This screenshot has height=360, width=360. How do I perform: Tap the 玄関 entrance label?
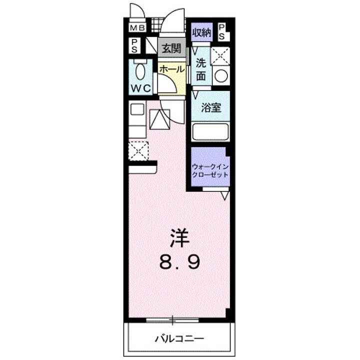point(170,48)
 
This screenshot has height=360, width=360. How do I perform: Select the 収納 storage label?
point(202,33)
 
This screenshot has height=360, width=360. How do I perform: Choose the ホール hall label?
point(171,69)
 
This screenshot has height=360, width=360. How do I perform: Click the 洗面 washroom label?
point(201,69)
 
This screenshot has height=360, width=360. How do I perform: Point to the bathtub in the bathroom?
point(210,132)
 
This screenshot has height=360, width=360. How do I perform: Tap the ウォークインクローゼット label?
point(210,171)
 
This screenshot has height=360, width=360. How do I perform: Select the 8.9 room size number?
point(179,261)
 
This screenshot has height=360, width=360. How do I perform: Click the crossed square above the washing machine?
point(220,56)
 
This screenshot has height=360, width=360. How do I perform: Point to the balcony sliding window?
point(172,319)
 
